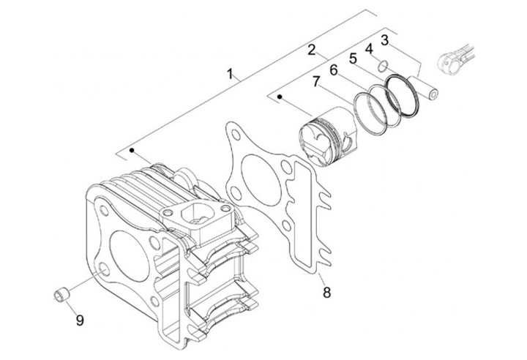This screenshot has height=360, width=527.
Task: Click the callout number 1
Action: [231, 74]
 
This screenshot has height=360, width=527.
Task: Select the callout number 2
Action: [311, 50]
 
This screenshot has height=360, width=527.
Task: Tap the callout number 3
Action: [384, 40]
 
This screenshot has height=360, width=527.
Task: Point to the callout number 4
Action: [369, 48]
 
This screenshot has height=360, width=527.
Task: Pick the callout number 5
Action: [352, 58]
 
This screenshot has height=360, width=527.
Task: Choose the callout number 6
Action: [334, 70]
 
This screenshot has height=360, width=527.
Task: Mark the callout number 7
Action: [316, 82]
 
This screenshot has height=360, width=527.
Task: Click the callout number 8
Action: [326, 293]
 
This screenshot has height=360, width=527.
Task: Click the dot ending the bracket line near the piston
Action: [279, 95]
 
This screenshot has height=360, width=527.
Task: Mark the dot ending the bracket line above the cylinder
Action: [132, 150]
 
